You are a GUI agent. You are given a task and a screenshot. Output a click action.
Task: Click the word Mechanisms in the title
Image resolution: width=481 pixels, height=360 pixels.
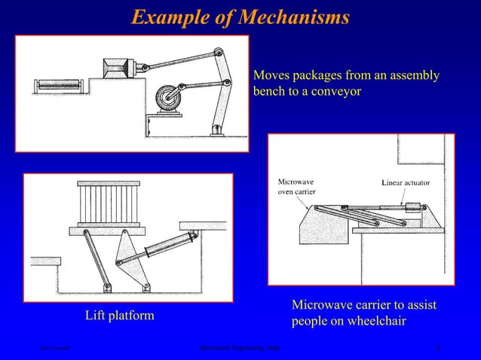(294, 17)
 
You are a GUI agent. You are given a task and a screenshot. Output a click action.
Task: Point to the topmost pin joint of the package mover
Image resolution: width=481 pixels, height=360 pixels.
(218, 52)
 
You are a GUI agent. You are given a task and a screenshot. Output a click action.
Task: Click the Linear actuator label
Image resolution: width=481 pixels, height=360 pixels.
(406, 182)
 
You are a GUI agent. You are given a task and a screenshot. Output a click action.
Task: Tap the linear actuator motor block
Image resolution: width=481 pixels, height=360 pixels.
(414, 208)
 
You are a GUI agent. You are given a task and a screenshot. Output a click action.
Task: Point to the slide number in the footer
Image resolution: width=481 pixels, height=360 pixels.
(439, 348)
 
